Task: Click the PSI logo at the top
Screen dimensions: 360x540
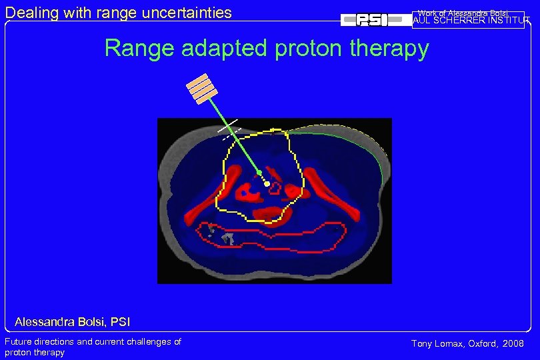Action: tap(375, 20)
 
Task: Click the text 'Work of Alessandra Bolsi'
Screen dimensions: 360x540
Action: tap(463, 13)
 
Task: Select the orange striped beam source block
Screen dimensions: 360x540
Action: tap(201, 89)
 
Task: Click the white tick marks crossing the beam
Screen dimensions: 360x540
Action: tap(229, 130)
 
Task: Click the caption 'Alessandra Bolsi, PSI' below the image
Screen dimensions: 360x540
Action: tap(72, 323)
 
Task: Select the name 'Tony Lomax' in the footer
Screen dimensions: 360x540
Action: tap(434, 343)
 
